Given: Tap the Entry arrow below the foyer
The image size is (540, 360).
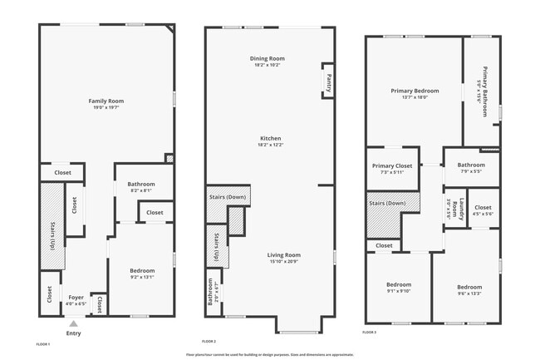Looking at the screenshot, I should coord(73,324).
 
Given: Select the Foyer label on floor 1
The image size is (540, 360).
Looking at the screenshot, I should coord(76,297).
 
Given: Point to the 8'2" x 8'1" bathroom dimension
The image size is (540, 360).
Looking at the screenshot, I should coord(141,190).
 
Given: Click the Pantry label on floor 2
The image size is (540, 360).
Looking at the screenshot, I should coord(328,81).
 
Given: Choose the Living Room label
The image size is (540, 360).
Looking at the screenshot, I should coord(283,255).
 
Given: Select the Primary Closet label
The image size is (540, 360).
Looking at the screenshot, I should coord(391,165).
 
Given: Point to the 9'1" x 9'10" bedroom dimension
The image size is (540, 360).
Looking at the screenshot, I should coord(398,291).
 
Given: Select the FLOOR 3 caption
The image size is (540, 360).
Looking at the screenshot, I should coord(371,332).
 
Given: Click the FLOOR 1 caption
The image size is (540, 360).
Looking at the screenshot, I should coord(43,343).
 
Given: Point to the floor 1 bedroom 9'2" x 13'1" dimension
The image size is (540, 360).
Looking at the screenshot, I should coord(142,278).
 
